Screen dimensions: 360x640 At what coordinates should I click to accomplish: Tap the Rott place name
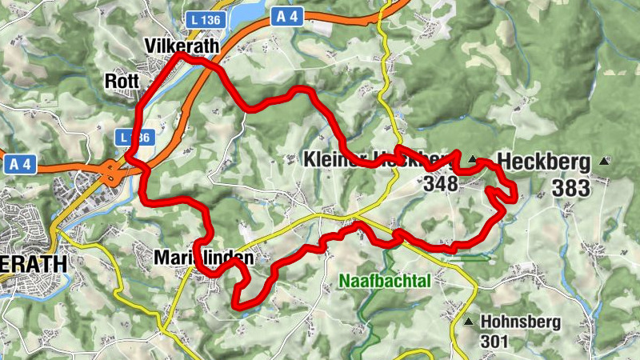click(122, 82)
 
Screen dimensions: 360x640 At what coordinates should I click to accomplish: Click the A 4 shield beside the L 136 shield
click(286, 15)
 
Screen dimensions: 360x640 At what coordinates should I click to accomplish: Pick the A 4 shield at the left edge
click(20, 164)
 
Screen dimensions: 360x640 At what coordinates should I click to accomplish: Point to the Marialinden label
click(203, 258)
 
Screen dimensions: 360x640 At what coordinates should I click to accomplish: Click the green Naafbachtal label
click(385, 281)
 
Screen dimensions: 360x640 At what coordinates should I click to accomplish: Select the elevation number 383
click(570, 189)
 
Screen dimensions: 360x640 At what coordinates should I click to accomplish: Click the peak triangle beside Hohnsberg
click(469, 322)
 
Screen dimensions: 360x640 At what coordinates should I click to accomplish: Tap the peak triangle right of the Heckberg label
click(603, 161)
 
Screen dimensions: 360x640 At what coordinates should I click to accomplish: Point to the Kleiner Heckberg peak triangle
click(473, 159)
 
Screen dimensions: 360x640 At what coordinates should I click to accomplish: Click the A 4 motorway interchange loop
click(109, 170)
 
